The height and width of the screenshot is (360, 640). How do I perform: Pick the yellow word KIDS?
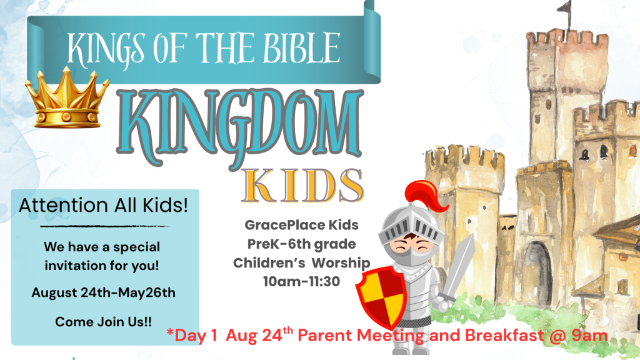coord(303,186)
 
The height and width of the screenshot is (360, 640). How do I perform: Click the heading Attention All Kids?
coord(103,205)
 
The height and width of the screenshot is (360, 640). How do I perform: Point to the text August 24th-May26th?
coord(103,292)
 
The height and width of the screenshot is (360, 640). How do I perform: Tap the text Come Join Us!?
coord(103,322)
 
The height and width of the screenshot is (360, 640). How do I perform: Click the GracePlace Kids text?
coord(302,225)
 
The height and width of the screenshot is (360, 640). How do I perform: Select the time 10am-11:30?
coord(302,281)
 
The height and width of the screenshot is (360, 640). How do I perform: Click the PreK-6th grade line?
coord(302,244)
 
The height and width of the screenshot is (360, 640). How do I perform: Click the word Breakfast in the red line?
coord(504,336)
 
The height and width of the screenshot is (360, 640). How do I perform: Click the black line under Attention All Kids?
coord(104,226)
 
